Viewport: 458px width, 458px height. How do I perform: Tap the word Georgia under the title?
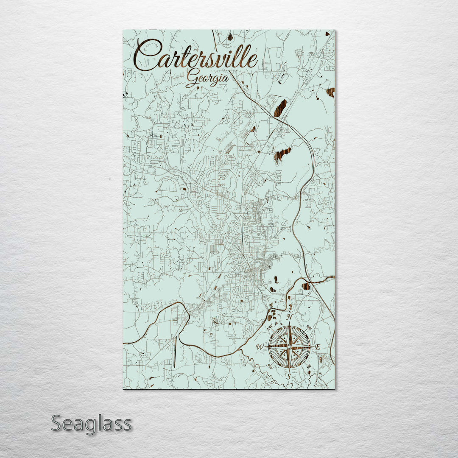(207, 78)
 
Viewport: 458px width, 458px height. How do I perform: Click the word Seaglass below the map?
(91, 423)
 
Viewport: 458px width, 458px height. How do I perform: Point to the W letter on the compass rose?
(260, 347)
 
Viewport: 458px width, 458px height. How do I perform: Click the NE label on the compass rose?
(309, 328)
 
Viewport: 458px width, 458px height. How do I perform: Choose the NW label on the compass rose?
(269, 328)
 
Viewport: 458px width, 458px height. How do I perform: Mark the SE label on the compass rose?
(309, 366)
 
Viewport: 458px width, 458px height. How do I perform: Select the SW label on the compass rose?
(270, 366)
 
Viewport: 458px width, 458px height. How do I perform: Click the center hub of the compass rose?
(289, 346)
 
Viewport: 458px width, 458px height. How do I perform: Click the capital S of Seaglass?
(58, 423)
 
